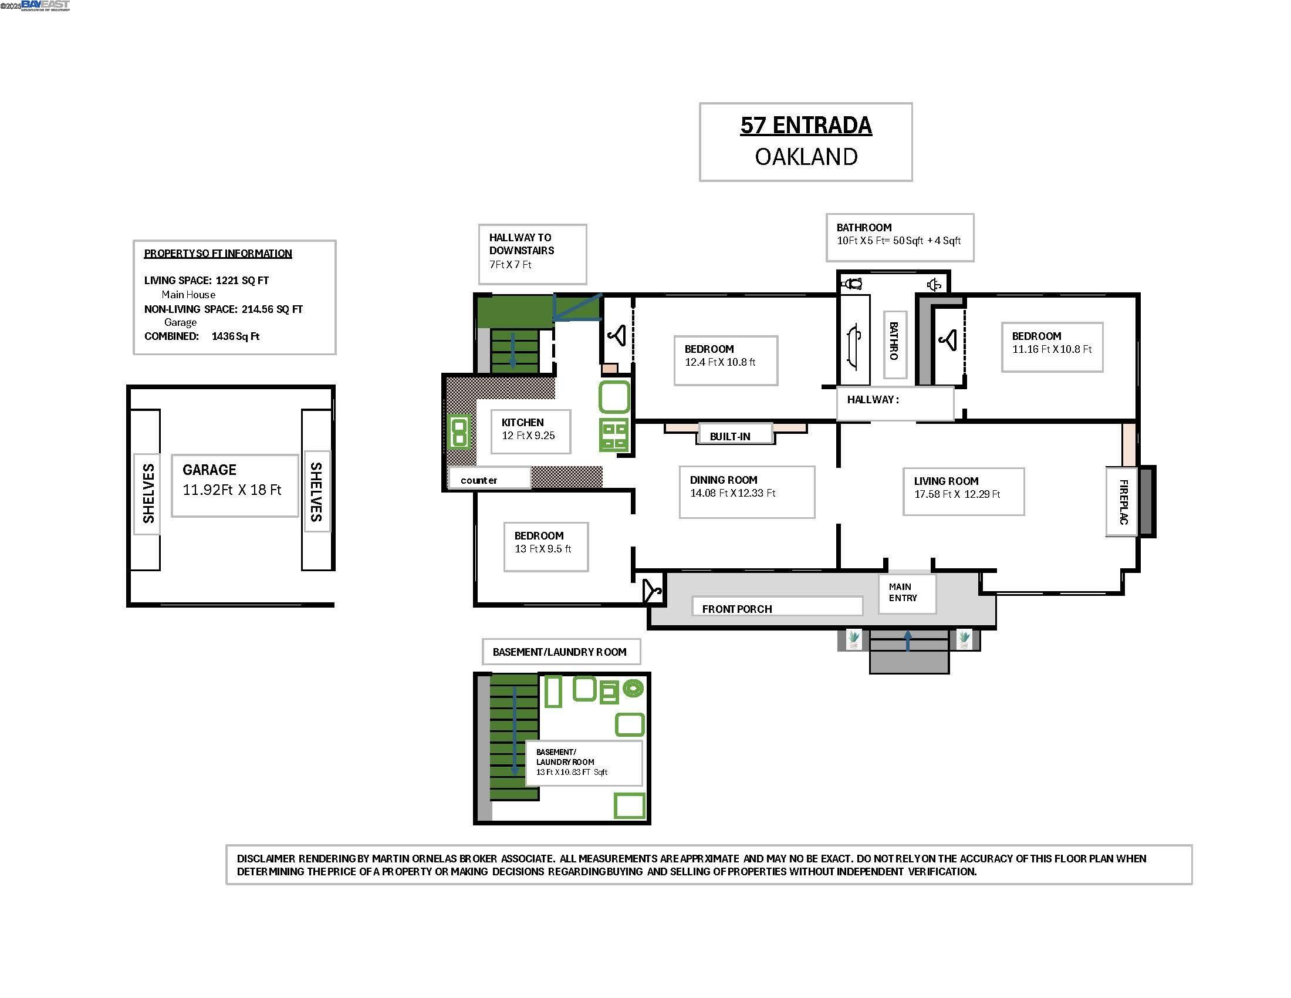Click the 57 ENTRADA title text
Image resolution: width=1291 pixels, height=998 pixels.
tap(806, 126)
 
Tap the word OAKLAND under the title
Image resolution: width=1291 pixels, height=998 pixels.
tap(806, 157)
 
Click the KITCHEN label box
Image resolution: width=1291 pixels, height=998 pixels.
tap(530, 431)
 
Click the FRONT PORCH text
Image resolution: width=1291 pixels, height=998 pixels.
tap(736, 609)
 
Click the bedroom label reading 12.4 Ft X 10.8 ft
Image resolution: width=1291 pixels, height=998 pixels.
tap(726, 360)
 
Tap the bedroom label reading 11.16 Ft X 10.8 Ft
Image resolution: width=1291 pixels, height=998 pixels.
tap(1052, 347)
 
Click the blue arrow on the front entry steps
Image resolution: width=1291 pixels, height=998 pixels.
tap(908, 641)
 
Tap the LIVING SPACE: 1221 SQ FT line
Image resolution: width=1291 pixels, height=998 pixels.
tap(207, 281)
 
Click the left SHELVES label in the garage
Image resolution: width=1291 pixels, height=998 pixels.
tap(148, 494)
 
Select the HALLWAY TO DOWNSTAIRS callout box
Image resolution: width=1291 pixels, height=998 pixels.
tap(532, 254)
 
